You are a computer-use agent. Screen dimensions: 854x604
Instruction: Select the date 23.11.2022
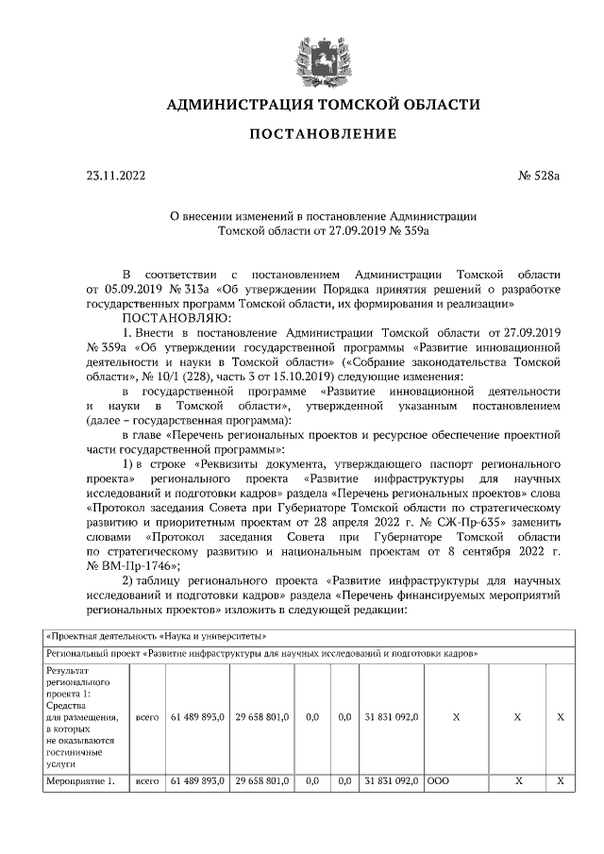point(116,176)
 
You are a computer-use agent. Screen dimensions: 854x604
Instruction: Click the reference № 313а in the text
point(185,288)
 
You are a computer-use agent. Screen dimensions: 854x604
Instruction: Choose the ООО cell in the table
point(439,781)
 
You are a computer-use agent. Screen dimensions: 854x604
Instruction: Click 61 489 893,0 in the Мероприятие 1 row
point(197,781)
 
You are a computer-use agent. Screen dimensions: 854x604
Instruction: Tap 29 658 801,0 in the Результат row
point(262,717)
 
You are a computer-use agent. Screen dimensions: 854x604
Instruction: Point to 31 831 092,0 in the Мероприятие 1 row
point(392,781)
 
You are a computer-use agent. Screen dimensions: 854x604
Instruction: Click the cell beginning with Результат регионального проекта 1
point(85,717)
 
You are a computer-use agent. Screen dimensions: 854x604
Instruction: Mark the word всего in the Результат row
point(146,717)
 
